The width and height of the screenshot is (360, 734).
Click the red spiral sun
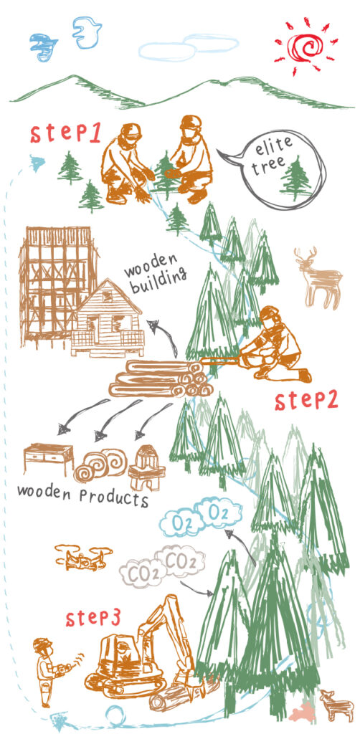[x=305, y=45]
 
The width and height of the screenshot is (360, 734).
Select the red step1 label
[x=65, y=133]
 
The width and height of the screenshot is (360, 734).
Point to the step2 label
[x=306, y=400]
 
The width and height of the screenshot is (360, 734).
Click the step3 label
[x=93, y=618]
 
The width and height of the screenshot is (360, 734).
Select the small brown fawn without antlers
[x=336, y=705]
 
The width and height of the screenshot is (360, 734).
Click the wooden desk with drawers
[x=49, y=459]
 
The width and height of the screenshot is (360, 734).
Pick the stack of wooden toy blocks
[x=143, y=467]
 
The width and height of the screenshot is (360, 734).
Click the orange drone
[x=84, y=557]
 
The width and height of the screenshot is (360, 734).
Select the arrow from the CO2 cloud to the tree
[x=196, y=589]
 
